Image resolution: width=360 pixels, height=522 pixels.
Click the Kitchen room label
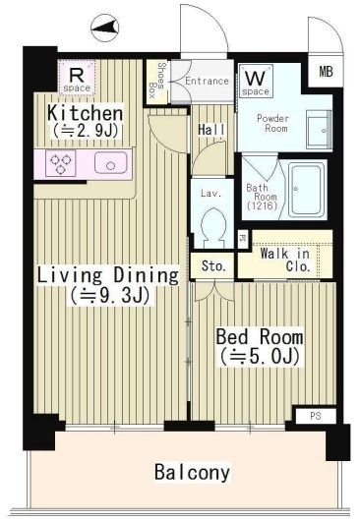pos(85,113)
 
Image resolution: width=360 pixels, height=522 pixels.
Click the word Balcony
pos(192,472)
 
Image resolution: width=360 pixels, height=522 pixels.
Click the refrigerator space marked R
pos(76,76)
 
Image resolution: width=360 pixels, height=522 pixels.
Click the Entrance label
pos(207,81)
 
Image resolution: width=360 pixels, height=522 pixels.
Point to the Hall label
pos(210,130)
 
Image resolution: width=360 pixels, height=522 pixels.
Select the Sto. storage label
pos(213,265)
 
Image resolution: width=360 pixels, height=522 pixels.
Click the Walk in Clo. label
pos(285,261)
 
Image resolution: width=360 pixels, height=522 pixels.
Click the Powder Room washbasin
pos(317,129)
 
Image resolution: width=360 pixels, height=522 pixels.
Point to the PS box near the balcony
pos(314,416)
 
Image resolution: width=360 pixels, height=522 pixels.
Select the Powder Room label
pos(272,124)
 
